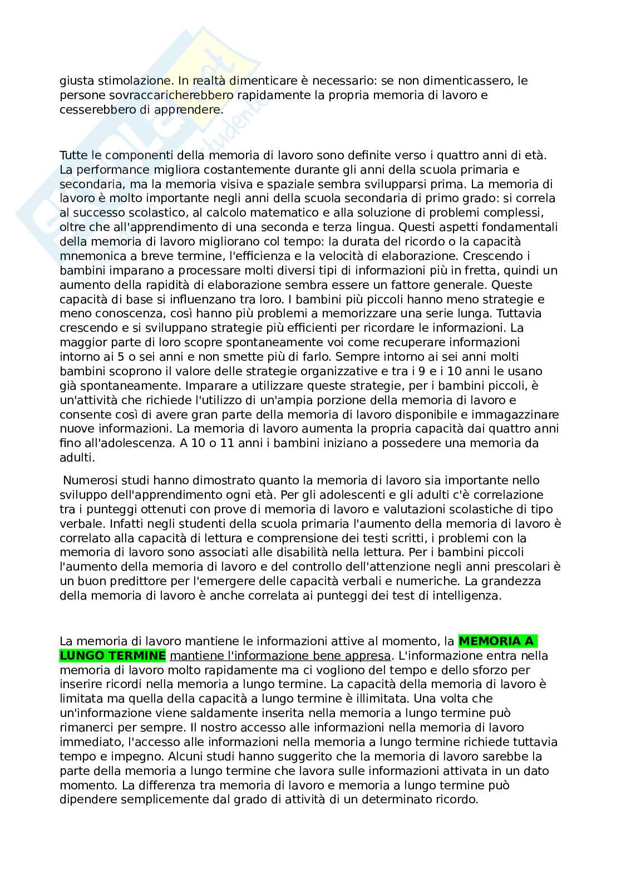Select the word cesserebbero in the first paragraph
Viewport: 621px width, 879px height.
[92, 110]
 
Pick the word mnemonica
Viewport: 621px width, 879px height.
[86, 256]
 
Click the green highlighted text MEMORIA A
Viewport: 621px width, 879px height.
[497, 641]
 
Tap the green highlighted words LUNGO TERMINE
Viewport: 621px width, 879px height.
[112, 655]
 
